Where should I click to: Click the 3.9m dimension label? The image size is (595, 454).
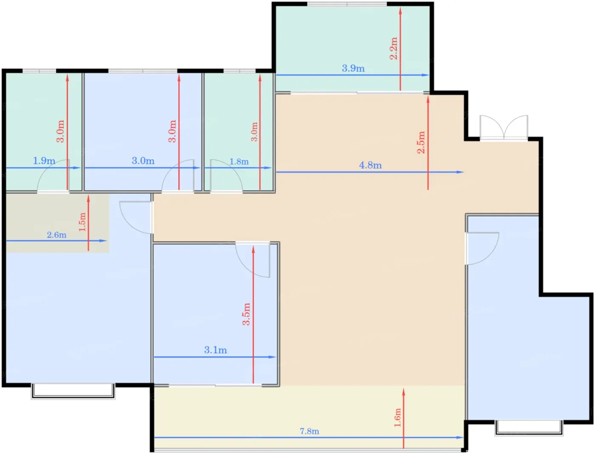click(353, 68)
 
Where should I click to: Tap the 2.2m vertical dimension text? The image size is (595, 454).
click(393, 48)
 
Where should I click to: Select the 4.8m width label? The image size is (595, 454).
click(370, 165)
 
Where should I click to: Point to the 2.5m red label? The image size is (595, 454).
click(421, 142)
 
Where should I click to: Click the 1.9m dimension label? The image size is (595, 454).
click(44, 161)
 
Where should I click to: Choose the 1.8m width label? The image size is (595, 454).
click(239, 162)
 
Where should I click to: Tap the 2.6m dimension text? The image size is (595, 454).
click(57, 235)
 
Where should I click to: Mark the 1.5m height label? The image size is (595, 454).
click(82, 222)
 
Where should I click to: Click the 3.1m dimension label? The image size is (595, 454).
click(215, 350)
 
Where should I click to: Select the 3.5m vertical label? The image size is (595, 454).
click(246, 314)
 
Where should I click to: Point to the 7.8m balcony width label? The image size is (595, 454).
click(309, 431)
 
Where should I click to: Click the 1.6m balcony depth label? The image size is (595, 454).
click(397, 417)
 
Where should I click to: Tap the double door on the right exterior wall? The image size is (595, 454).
click(504, 128)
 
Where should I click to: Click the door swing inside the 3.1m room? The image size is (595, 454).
click(252, 260)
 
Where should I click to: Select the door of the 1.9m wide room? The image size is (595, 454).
click(53, 176)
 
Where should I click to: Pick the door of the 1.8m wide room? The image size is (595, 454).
click(227, 176)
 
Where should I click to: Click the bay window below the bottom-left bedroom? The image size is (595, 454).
click(73, 391)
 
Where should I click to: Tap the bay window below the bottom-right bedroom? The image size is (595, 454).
click(529, 428)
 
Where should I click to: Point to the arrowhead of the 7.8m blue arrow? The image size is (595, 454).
click(460, 437)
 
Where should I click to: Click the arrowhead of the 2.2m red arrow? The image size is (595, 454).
click(400, 11)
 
